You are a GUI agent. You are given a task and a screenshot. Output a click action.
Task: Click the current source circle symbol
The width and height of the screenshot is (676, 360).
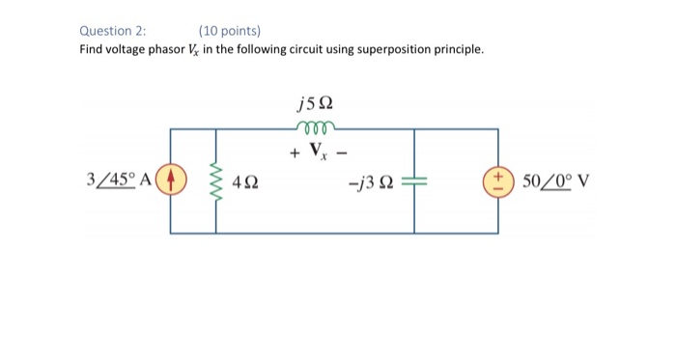[171, 180]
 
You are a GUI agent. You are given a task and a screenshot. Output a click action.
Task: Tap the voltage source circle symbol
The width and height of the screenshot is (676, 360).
[499, 180]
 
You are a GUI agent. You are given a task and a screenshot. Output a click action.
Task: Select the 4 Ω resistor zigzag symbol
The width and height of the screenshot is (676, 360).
[215, 180]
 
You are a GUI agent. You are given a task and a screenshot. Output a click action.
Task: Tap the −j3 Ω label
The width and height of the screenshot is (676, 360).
[370, 181]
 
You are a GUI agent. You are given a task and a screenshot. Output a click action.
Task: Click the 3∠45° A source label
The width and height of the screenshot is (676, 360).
[119, 180]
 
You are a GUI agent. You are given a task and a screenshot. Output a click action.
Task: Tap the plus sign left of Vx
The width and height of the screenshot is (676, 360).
[293, 152]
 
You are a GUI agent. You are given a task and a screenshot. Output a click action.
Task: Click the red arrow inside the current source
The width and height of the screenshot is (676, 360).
[171, 180]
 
